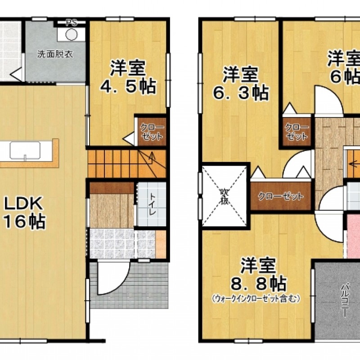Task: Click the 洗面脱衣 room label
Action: coord(55,55)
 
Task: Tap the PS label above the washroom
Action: coord(71,22)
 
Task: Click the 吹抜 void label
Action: coord(224,196)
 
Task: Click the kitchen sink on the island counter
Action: coord(25,150)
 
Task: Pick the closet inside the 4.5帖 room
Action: coord(151,132)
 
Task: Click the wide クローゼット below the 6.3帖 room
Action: coord(280,197)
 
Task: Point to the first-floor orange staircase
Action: coord(126,163)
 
